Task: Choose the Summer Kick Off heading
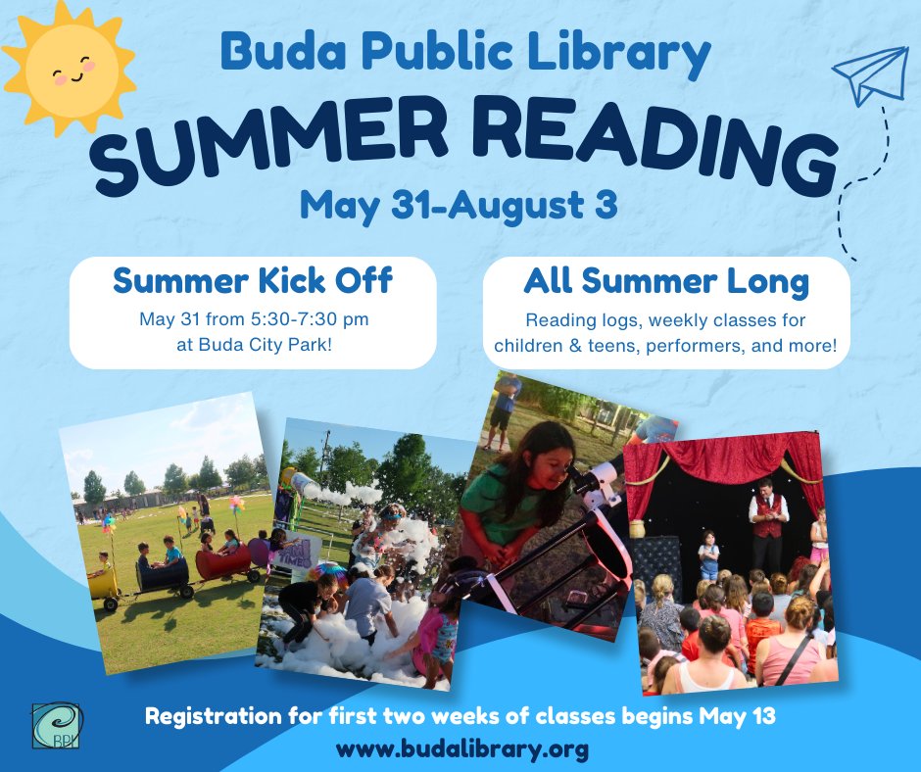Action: coord(253,281)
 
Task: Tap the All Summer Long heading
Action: coord(666,281)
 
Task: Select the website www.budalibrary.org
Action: coord(462,749)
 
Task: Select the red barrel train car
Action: coord(224,563)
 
